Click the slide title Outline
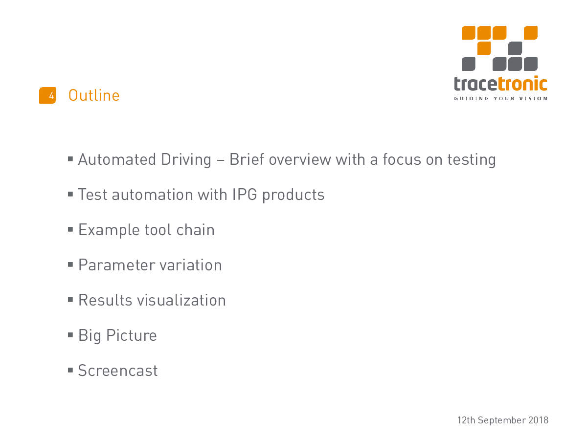coord(94,95)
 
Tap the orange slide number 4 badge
coord(47,95)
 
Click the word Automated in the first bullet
coord(117,159)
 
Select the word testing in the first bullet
coord(472,160)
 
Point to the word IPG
coord(245,194)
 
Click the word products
coord(293,195)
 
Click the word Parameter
coord(116,265)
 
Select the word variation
coord(191,265)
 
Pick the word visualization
coord(181,300)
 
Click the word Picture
coord(131,335)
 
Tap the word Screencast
coord(118,370)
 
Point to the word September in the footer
coord(501,421)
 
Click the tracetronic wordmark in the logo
coord(500,84)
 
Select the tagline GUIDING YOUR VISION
coord(500,99)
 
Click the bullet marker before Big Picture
coord(70,335)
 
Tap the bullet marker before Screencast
coord(70,370)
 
